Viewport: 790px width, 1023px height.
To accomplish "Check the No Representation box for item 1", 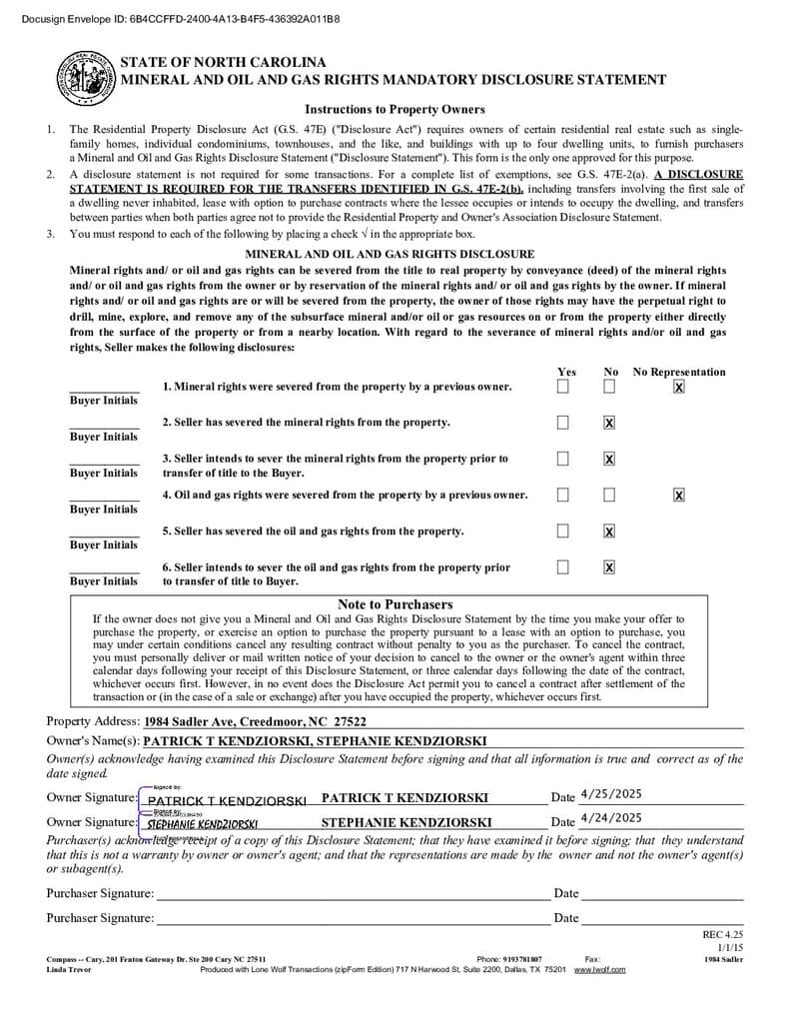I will tap(679, 387).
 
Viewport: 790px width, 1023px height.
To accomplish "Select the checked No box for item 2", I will tap(609, 423).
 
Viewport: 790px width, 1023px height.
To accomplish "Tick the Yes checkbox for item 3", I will tap(563, 459).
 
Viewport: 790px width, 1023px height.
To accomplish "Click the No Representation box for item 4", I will tap(679, 495).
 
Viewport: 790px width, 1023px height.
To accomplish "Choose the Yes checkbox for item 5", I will tap(563, 530).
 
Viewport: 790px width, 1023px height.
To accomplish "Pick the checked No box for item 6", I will tap(609, 567).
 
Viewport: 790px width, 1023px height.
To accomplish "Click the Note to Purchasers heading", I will tap(395, 604).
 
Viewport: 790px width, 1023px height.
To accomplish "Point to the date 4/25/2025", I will tap(610, 794).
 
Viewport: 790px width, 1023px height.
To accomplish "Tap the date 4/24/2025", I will tap(610, 817).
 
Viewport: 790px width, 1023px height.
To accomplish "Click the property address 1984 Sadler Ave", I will tap(255, 721).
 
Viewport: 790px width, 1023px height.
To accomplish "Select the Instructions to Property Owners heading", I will tap(395, 110).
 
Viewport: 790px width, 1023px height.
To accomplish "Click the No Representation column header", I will tap(679, 372).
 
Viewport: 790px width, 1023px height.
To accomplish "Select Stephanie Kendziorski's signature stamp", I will tap(203, 824).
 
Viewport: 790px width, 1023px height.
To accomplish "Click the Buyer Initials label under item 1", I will tap(104, 401).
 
